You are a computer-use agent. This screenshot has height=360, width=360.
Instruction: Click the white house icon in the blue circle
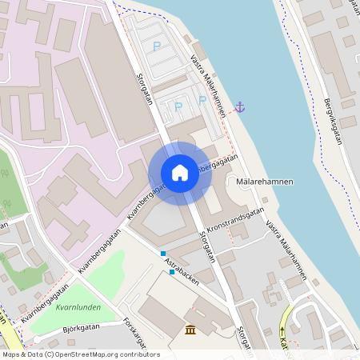pos(180,173)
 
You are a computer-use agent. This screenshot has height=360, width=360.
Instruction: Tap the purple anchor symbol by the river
pos(238,106)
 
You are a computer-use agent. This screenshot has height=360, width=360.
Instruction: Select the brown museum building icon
pos(190,330)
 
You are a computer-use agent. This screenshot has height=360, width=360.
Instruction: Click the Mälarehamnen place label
pos(266,182)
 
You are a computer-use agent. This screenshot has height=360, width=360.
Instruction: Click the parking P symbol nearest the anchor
pos(202,101)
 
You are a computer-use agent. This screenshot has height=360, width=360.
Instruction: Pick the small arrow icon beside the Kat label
pos(282,331)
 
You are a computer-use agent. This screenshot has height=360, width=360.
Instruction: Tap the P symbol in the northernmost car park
pos(157,46)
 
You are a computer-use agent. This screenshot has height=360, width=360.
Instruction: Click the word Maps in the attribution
pos(11,354)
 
